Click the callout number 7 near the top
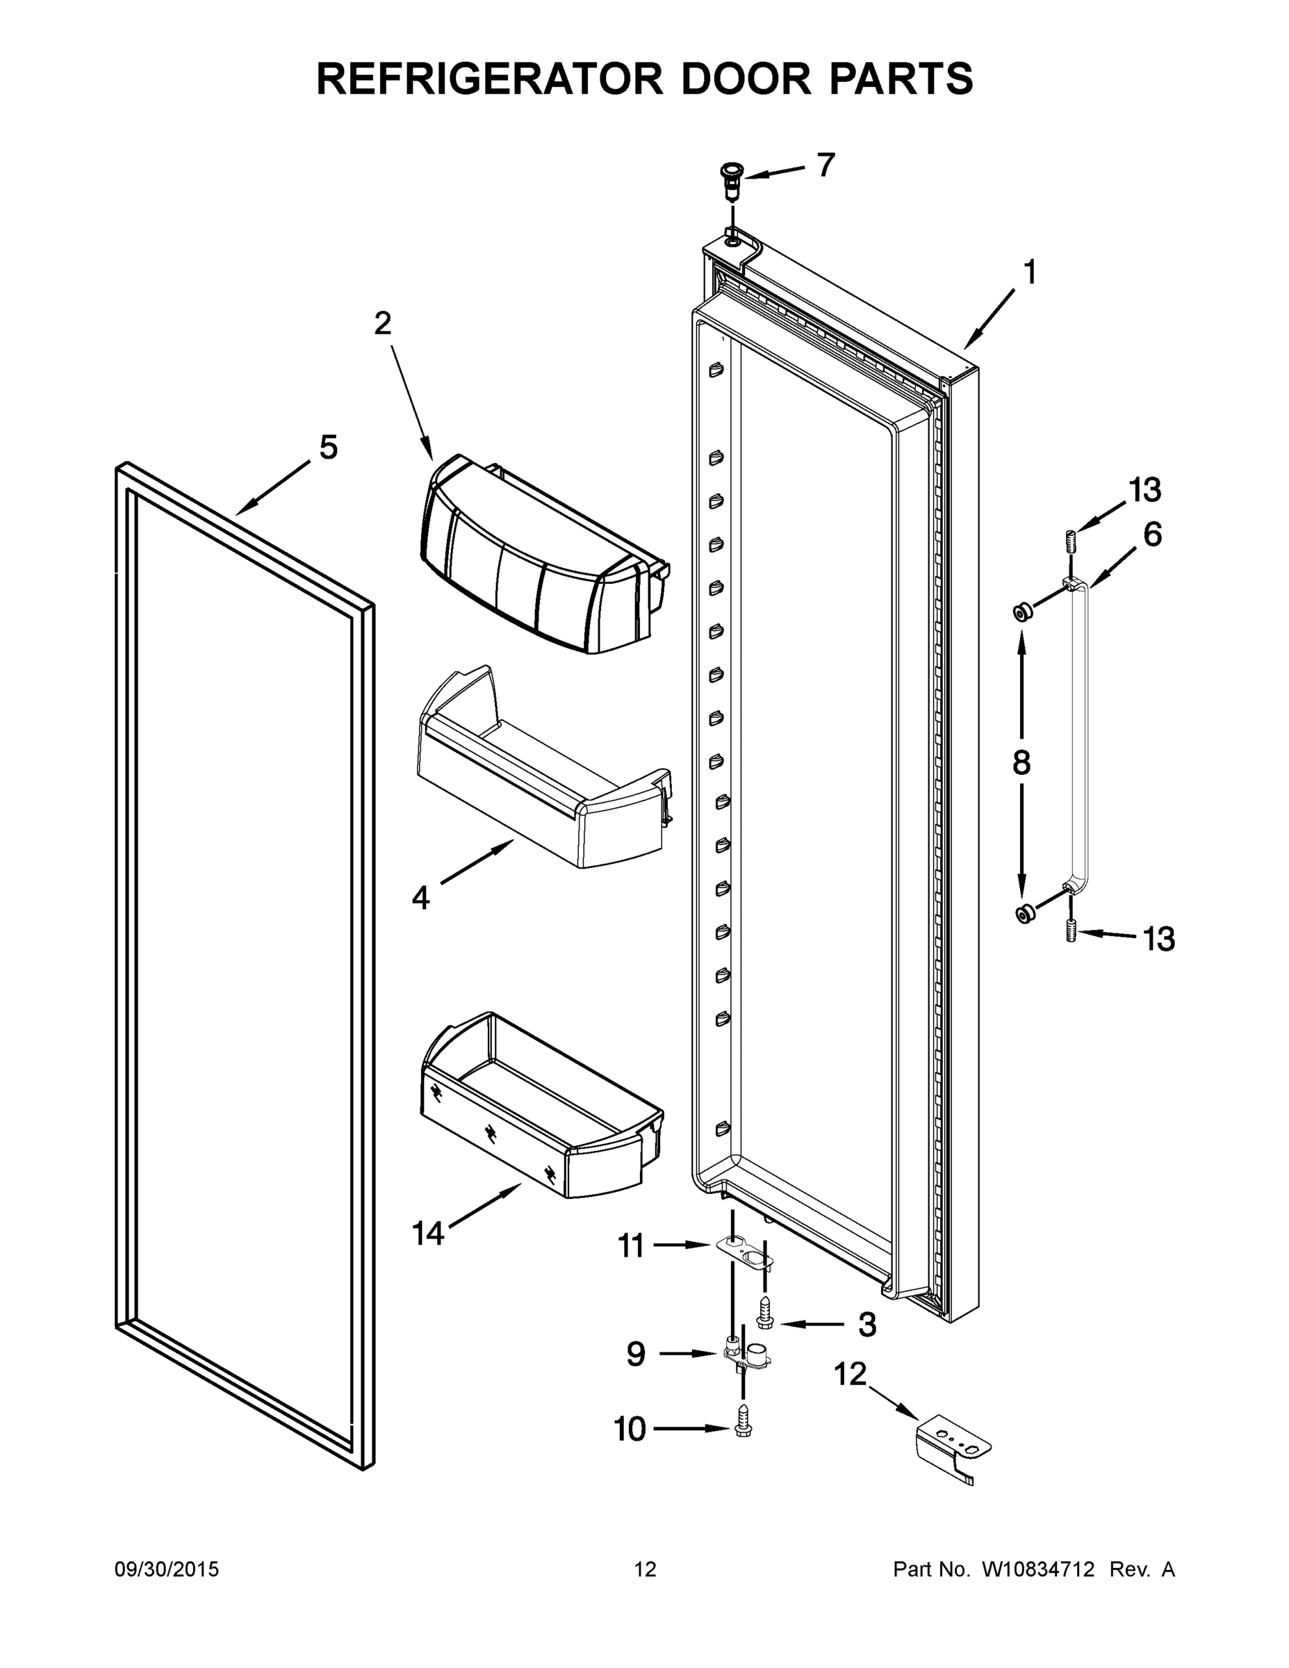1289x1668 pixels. tap(826, 165)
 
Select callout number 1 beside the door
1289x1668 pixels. tap(1029, 272)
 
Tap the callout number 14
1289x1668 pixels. tap(427, 1234)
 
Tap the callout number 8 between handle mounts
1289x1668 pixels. tap(1021, 763)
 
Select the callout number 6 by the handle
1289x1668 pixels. tap(1152, 534)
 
